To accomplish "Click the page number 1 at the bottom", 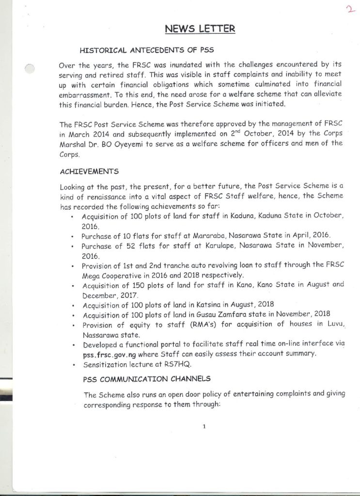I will click(x=205, y=426).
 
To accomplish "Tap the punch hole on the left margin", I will click(x=29, y=69).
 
